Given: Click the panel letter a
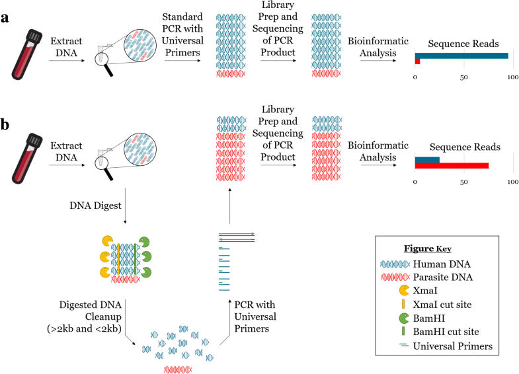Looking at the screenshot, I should (6, 18).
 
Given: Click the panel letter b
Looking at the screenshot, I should (6, 124).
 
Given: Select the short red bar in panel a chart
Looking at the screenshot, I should (417, 62).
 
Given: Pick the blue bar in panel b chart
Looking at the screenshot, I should (427, 159).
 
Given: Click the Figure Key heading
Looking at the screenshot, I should (427, 248).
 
